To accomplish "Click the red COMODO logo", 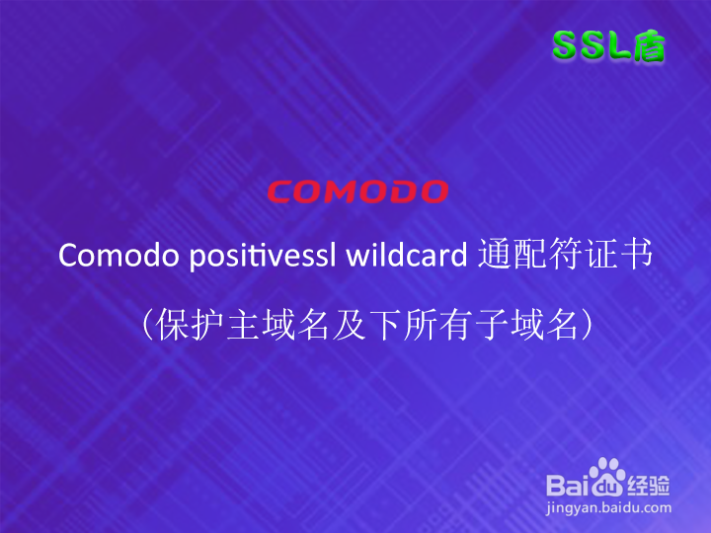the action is pos(357,191).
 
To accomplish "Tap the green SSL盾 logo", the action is pos(609,45).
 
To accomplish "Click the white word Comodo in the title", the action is pos(118,255).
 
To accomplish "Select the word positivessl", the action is pos(263,256).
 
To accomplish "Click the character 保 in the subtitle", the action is pos(172,325).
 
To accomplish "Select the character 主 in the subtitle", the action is pos(243,325).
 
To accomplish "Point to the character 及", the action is pos(350,325).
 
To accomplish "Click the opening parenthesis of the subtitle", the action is pos(147,325).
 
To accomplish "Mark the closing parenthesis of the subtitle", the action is pos(587,325).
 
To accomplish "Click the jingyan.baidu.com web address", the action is pos(608,508).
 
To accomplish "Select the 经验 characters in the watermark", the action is pos(649,486).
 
